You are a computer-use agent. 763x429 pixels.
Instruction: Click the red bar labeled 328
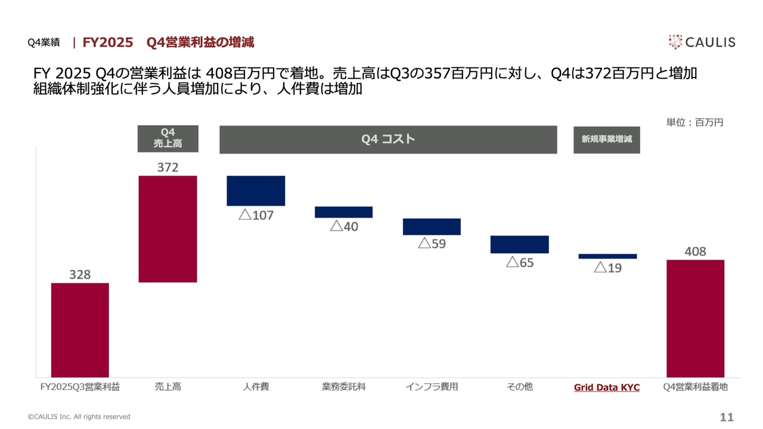tap(80, 329)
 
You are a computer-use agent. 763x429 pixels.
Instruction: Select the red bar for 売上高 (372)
tap(168, 229)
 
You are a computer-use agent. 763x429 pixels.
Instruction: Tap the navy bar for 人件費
tap(256, 191)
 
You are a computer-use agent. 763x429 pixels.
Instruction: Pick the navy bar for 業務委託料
tap(343, 212)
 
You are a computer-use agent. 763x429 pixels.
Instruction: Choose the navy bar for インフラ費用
tap(432, 226)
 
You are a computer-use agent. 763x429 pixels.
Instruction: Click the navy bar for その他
tap(519, 244)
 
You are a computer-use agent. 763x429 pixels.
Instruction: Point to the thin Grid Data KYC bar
tap(607, 256)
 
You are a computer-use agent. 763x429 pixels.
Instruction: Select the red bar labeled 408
tap(695, 318)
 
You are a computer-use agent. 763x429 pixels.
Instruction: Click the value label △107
tap(256, 215)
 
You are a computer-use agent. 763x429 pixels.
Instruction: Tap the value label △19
tap(607, 268)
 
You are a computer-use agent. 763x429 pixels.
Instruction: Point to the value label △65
tap(520, 263)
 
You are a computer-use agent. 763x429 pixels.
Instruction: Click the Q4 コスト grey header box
tap(388, 139)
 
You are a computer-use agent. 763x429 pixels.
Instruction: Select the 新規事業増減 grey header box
tap(606, 139)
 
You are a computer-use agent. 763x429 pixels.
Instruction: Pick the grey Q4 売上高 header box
tap(168, 138)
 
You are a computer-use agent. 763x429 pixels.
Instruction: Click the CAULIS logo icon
tap(675, 42)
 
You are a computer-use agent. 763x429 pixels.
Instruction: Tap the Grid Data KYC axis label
tap(606, 387)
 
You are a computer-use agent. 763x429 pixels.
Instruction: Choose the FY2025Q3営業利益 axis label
tap(80, 387)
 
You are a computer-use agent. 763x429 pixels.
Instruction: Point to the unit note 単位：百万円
tap(694, 122)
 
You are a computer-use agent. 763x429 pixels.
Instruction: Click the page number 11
tap(727, 417)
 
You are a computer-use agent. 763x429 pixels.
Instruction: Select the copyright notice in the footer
tap(79, 417)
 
